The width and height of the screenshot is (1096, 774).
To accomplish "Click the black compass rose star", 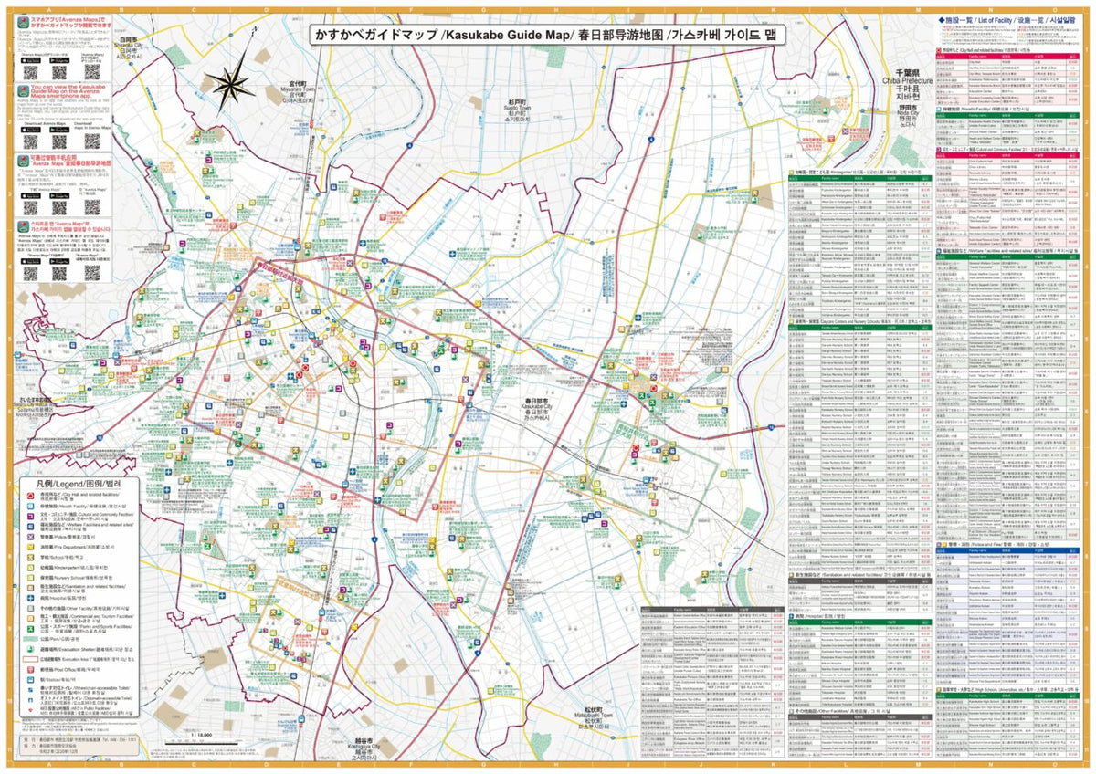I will coord(227,84).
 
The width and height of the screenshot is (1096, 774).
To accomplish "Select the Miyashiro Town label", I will coord(297,94).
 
